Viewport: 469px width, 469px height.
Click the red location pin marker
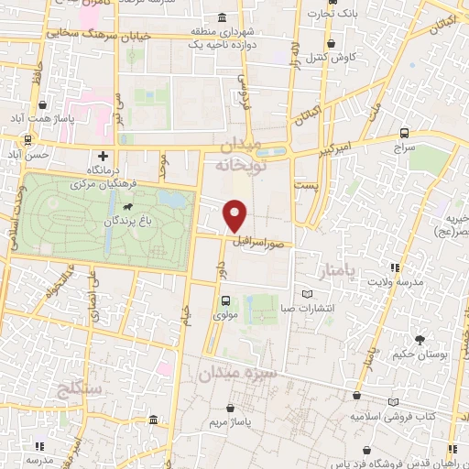pos(235,217)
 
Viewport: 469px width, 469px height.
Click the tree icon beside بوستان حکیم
pos(420,340)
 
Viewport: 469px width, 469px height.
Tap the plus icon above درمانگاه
pos(103,158)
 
